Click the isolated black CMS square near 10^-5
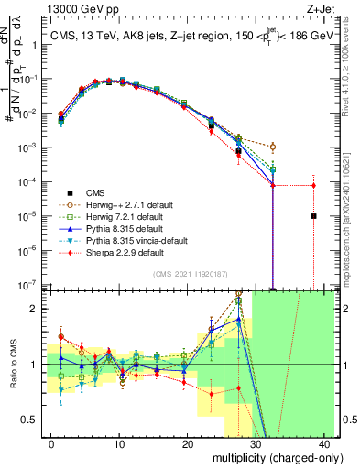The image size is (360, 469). (313, 216)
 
